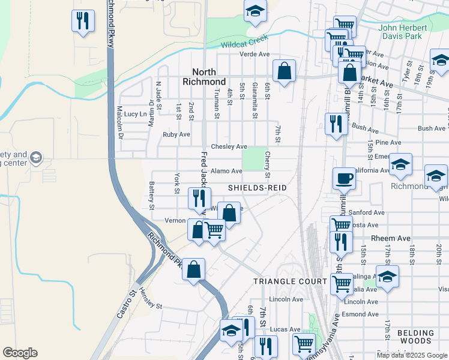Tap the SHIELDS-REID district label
[x=257, y=188]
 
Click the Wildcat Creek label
[x=244, y=44]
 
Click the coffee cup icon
[x=345, y=178]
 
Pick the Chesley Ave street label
[x=229, y=146]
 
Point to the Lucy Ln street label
[x=135, y=114]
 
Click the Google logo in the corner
[x=20, y=353]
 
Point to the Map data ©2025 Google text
[x=411, y=355]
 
